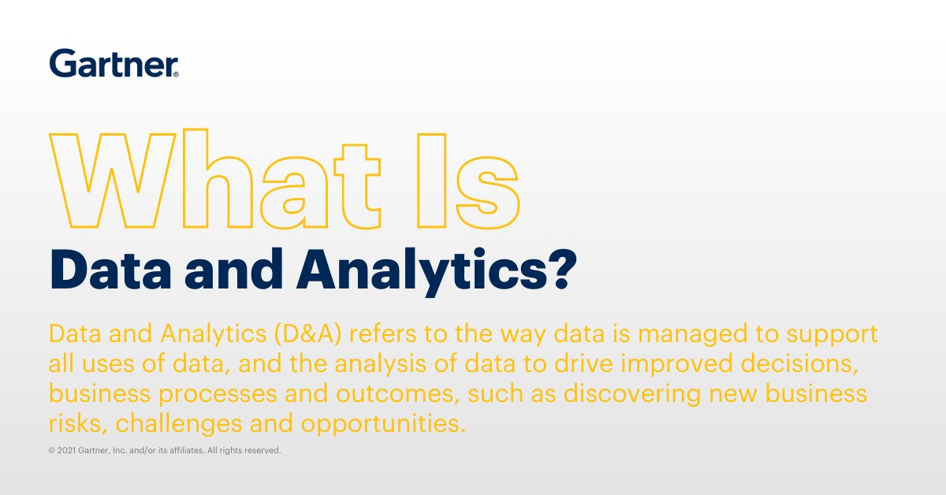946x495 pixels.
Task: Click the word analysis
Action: tap(411, 363)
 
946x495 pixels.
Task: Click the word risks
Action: tap(76, 423)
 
